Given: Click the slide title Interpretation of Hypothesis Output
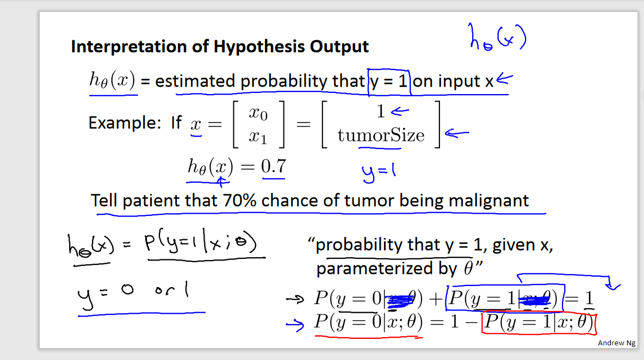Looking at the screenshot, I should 220,47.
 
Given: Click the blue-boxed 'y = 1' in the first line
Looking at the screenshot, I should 389,82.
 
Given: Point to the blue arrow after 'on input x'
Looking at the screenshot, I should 504,80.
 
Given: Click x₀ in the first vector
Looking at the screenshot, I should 258,113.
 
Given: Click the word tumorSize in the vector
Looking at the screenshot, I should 381,135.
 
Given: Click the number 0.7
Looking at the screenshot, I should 274,166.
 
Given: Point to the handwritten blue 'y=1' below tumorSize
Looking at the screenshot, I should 379,171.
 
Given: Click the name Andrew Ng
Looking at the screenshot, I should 616,343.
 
